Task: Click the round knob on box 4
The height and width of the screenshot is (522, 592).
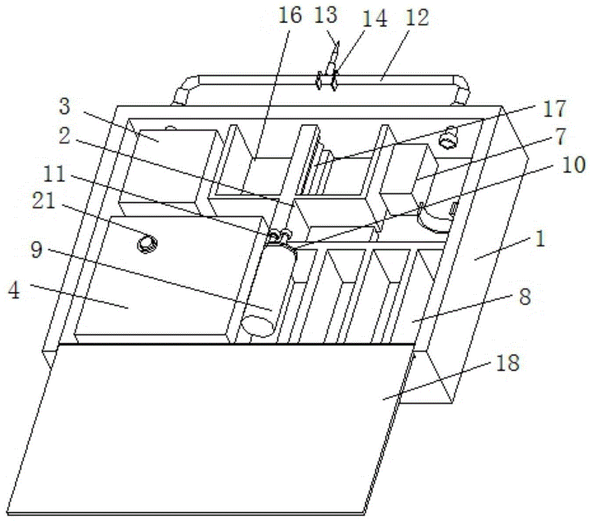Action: [146, 243]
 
